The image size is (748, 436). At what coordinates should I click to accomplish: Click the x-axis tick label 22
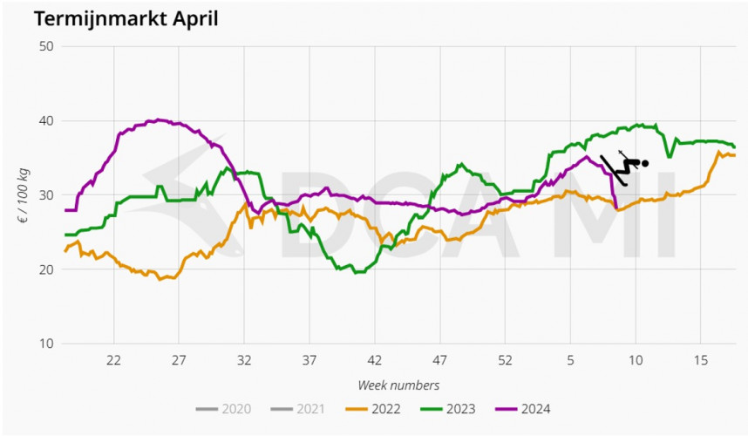pyautogui.click(x=112, y=360)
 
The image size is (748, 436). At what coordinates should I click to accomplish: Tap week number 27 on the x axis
pyautogui.click(x=178, y=360)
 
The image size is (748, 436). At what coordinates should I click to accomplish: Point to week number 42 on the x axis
pyautogui.click(x=374, y=360)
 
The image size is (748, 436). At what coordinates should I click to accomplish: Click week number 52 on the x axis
pyautogui.click(x=505, y=360)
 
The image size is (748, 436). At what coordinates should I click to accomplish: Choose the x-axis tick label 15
pyautogui.click(x=700, y=360)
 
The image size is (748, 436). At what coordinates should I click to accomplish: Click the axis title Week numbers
pyautogui.click(x=398, y=385)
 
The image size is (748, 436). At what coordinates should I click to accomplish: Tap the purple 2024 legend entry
pyautogui.click(x=530, y=408)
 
